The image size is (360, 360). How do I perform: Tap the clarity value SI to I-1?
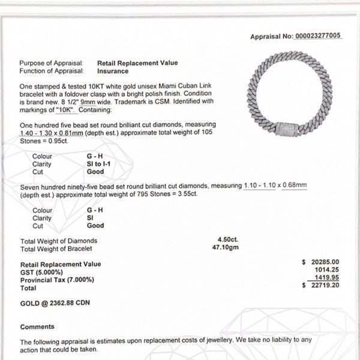pos(104,163)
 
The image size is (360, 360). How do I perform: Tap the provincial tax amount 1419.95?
pos(327,278)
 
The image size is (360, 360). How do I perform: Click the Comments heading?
pos(37,327)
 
